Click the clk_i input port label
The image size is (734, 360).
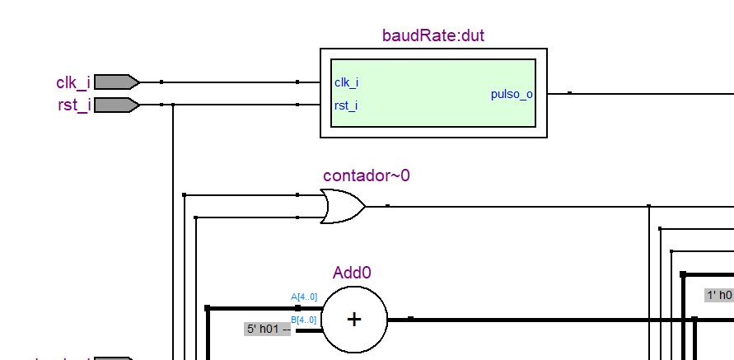(72, 82)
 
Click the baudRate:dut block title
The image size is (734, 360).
(432, 36)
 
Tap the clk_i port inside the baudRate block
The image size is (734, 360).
(346, 82)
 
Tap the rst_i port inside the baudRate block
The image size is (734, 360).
(346, 105)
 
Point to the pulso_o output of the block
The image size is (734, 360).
(512, 94)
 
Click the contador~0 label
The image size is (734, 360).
(366, 175)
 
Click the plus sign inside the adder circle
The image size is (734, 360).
(354, 320)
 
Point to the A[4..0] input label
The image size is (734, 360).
(304, 297)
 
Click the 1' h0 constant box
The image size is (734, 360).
(718, 295)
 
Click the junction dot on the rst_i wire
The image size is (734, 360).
(173, 105)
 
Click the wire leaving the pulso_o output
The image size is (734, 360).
(626, 94)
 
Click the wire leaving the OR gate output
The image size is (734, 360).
(494, 206)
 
